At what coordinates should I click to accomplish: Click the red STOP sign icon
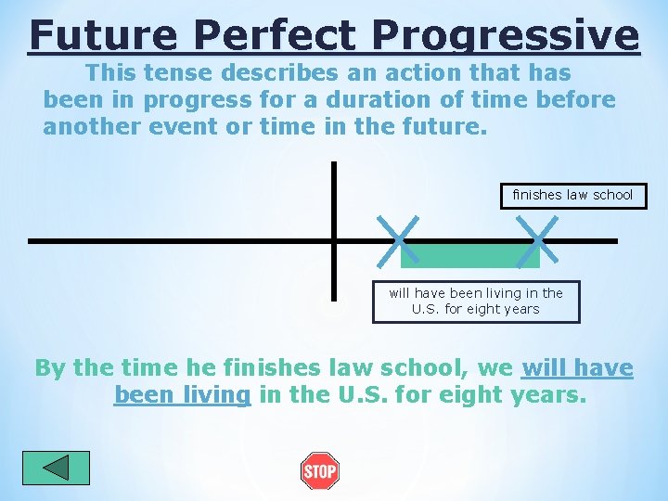pyautogui.click(x=320, y=471)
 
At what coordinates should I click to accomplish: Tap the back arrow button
pyautogui.click(x=56, y=468)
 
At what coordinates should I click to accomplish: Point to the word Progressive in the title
pyautogui.click(x=506, y=35)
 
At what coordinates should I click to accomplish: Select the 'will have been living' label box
pyautogui.click(x=476, y=302)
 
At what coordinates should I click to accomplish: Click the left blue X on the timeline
pyautogui.click(x=398, y=239)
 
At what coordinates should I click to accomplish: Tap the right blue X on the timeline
pyautogui.click(x=536, y=239)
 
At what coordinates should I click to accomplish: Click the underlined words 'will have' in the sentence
pyautogui.click(x=577, y=368)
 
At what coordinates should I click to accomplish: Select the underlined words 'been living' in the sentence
pyautogui.click(x=182, y=395)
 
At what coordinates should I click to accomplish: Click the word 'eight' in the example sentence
pyautogui.click(x=468, y=395)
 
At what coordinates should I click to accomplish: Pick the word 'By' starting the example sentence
pyautogui.click(x=50, y=368)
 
